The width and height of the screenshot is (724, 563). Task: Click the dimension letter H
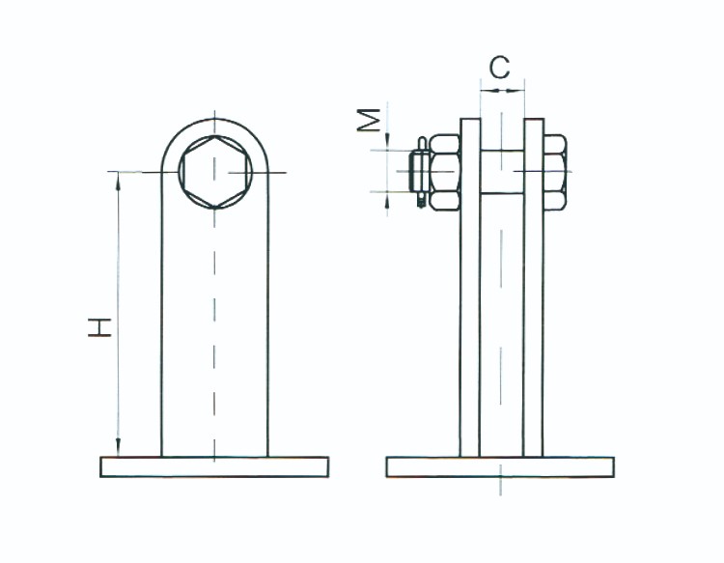[99, 327]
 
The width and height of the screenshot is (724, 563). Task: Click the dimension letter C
[500, 68]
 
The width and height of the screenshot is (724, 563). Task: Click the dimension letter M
[369, 120]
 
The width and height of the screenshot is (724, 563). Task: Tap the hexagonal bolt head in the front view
[214, 172]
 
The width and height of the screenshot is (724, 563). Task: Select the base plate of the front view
[214, 466]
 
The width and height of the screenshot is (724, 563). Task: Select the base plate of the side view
[500, 466]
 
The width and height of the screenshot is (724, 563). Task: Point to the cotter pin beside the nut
[421, 172]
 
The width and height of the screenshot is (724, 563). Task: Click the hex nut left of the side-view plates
[445, 172]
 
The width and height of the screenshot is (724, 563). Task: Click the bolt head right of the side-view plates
[555, 172]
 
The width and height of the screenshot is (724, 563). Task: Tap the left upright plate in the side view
[470, 287]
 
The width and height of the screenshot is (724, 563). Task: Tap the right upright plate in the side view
[534, 287]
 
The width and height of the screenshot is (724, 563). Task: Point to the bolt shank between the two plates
[502, 172]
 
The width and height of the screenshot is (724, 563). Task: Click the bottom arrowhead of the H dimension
[118, 448]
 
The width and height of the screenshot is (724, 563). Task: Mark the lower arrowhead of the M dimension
[387, 200]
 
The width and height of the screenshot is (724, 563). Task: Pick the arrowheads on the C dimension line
[502, 91]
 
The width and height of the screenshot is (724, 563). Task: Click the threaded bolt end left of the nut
[413, 172]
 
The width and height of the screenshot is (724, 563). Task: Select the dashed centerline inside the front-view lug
[214, 287]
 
